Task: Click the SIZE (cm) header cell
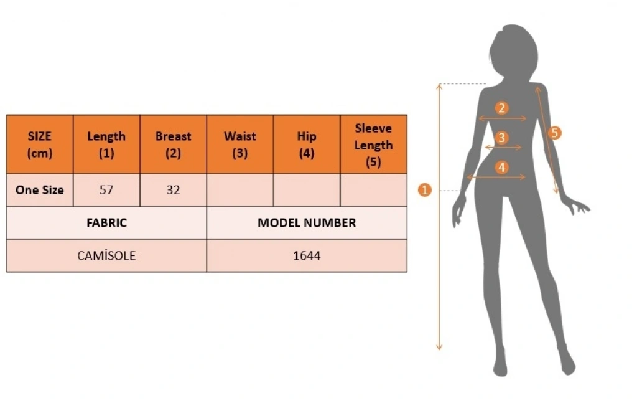(40, 145)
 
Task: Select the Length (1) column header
(106, 145)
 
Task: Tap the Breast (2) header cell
(173, 145)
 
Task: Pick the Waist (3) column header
(239, 145)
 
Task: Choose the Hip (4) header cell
(307, 145)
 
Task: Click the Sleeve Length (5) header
(373, 145)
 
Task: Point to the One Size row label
(40, 190)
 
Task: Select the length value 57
(106, 190)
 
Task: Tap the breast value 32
(173, 190)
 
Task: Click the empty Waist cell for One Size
(239, 190)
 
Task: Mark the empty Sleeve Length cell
(373, 190)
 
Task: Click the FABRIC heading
(106, 222)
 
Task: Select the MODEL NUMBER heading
(307, 222)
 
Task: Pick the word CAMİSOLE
(106, 255)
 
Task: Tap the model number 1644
(307, 255)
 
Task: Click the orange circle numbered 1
(425, 190)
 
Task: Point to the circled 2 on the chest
(502, 108)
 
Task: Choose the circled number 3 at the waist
(502, 138)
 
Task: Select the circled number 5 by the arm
(556, 133)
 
